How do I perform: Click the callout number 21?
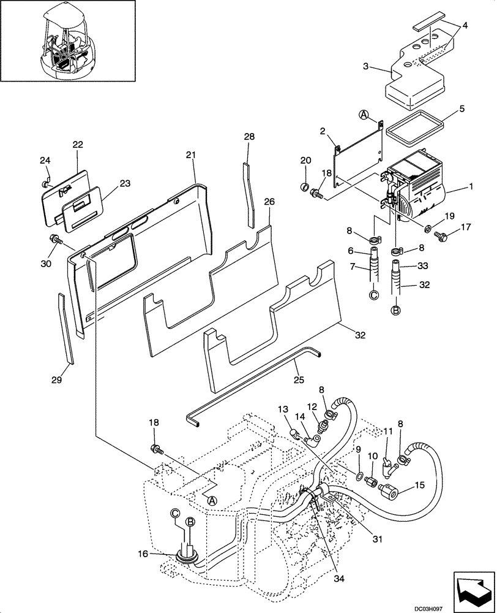(190, 156)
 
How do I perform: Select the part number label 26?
(269, 202)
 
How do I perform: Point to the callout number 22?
(78, 145)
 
